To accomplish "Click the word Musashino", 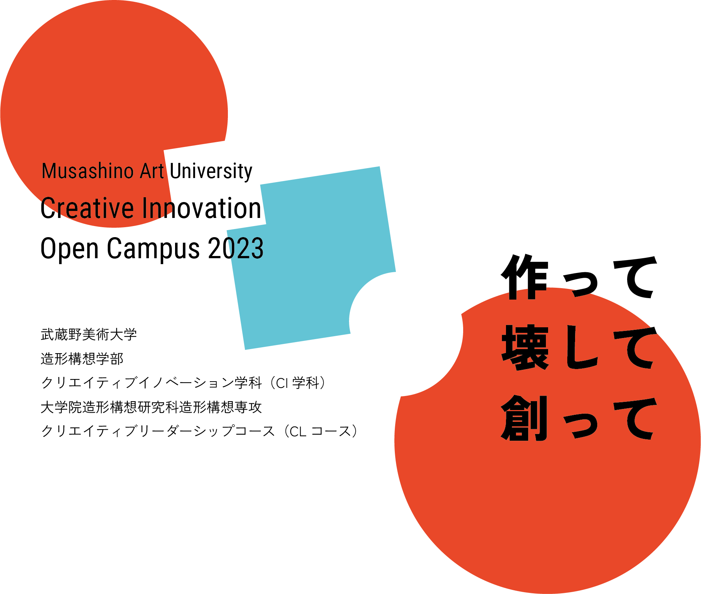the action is [88, 171].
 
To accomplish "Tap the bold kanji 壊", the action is [525, 347].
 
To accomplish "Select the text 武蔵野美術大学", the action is [89, 334].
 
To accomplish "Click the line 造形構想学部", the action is [82, 359].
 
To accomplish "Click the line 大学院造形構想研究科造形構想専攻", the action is [151, 407].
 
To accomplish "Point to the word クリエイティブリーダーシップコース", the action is [158, 431].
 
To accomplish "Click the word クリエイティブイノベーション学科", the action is [151, 383].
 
